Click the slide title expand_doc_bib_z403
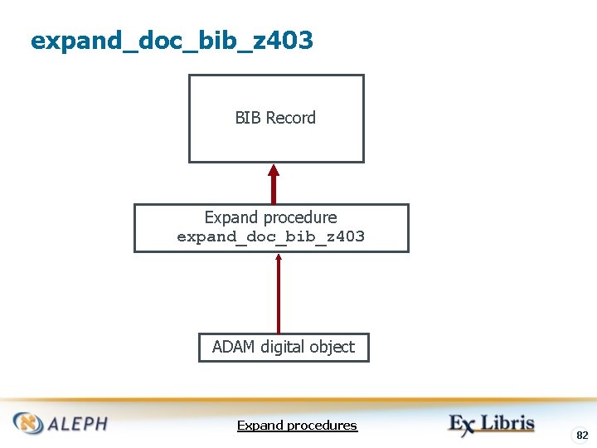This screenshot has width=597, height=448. pos(172,40)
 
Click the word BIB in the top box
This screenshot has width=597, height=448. pos(248,118)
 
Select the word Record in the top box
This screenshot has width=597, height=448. pos(290,118)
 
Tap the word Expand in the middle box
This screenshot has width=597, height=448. pos(231,217)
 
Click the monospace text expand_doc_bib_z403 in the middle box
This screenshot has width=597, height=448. pos(271,237)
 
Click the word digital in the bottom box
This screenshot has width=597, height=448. pos(286,347)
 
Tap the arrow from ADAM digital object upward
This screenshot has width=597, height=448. pos(279,295)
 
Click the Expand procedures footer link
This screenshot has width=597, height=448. pos(297,426)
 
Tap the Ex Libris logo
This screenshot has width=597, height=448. pos(492,424)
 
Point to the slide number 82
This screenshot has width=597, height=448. pos(582,435)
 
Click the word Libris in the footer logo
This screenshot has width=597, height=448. pos(508,423)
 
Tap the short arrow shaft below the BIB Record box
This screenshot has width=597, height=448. pos(274,191)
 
